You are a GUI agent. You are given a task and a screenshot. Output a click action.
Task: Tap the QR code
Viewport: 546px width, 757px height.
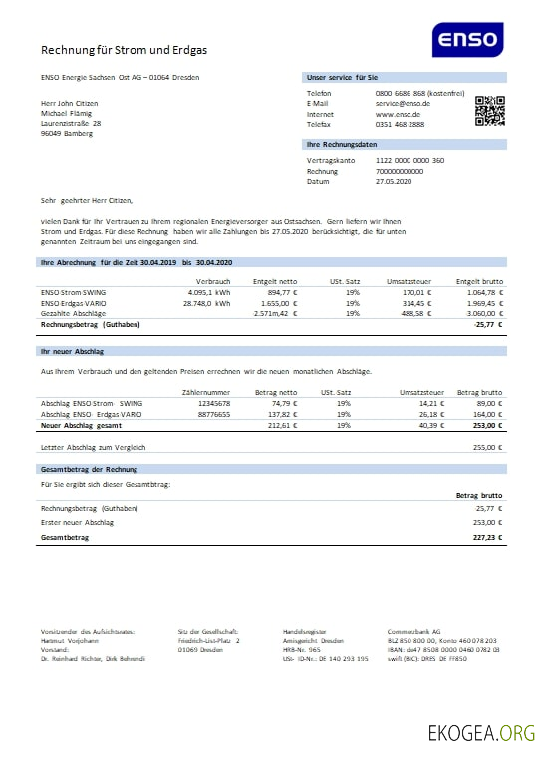click(490, 111)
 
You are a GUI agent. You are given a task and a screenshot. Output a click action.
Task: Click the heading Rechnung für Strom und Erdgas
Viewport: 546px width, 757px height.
click(125, 49)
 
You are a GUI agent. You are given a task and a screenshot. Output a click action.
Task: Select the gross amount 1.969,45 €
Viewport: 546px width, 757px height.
click(483, 303)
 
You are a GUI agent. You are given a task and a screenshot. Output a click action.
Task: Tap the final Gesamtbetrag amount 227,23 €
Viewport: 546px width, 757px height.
click(486, 538)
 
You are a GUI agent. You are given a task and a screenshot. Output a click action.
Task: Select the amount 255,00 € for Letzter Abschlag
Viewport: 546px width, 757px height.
click(485, 448)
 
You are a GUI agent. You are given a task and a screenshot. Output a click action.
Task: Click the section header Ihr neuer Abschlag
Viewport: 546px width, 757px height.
click(74, 351)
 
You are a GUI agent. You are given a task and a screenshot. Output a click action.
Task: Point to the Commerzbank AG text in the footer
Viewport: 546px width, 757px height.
click(414, 632)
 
